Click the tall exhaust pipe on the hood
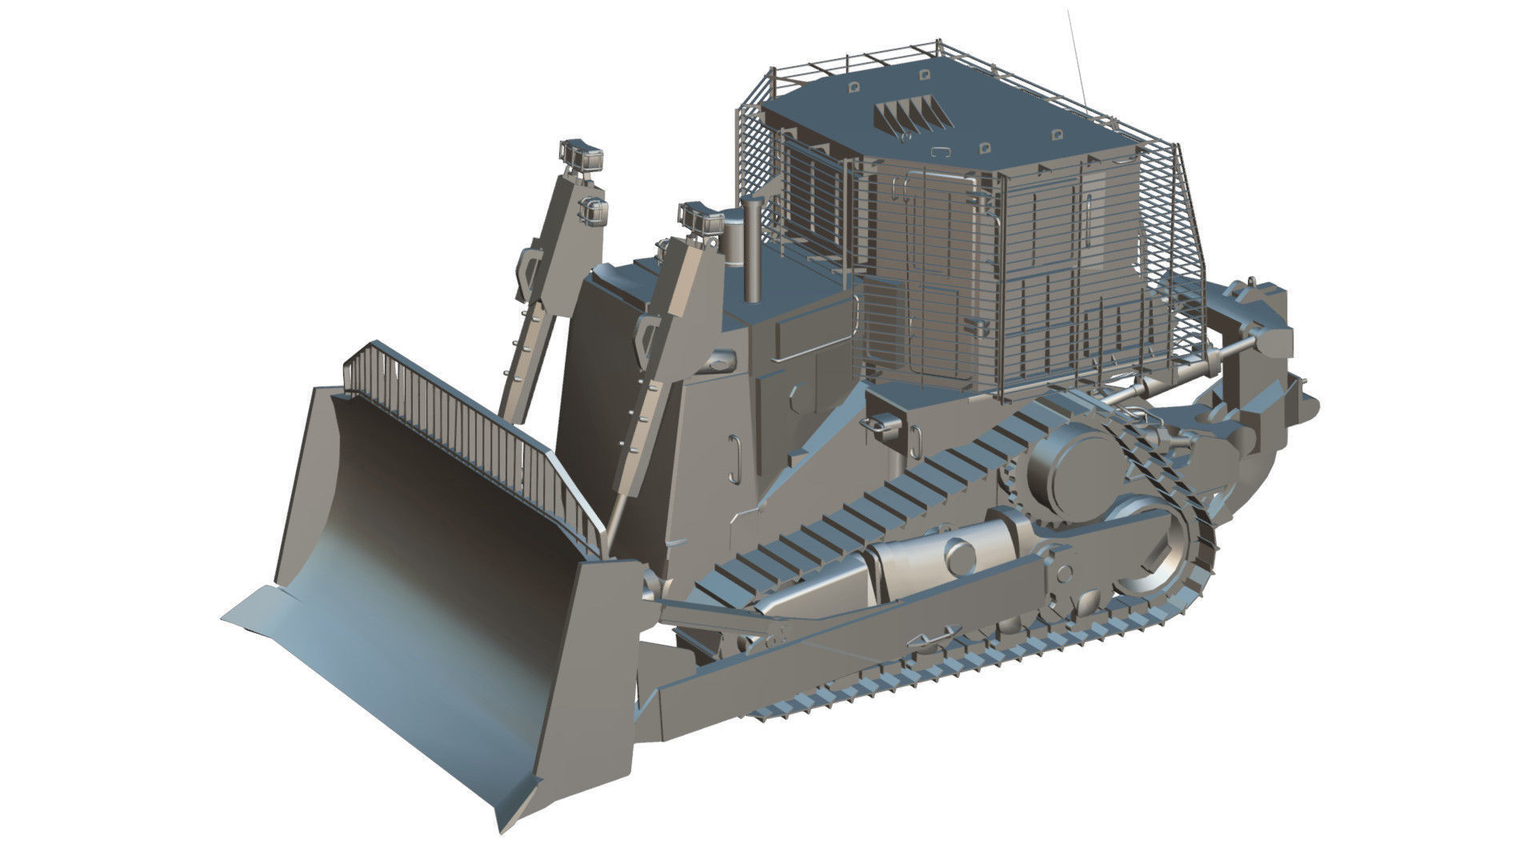click(753, 248)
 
